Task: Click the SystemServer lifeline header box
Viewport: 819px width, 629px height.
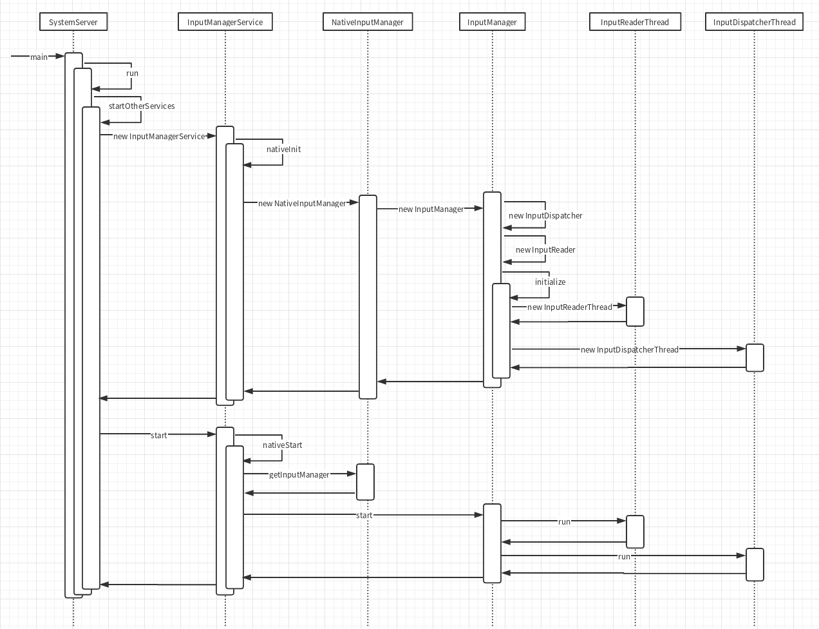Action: [73, 22]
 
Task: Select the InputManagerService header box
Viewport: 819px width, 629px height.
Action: [225, 22]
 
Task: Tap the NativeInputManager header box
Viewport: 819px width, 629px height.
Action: [367, 22]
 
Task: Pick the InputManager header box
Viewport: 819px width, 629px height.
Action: [492, 22]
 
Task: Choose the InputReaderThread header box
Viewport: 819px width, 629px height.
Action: [634, 22]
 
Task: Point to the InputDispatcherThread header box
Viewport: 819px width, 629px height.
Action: [754, 22]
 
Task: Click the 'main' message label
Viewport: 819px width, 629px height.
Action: [39, 57]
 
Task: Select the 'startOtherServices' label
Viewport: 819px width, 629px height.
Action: [142, 106]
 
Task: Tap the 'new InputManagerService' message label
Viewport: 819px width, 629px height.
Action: [159, 137]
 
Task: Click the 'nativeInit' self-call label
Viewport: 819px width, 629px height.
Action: [283, 150]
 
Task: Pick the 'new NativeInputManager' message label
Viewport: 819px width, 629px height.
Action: [302, 204]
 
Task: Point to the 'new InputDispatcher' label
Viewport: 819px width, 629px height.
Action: [545, 216]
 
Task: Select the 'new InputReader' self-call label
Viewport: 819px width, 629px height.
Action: [545, 250]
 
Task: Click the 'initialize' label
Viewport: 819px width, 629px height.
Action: [550, 282]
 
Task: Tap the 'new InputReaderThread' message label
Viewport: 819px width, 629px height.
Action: [570, 307]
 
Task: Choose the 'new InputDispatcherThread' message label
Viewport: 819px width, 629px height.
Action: [630, 350]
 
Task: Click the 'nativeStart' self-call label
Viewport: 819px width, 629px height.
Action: [282, 445]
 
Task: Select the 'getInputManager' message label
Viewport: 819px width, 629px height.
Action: [299, 475]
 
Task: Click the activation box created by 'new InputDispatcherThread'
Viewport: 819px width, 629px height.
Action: [755, 358]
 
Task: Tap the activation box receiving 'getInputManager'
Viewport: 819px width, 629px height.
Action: [365, 482]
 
